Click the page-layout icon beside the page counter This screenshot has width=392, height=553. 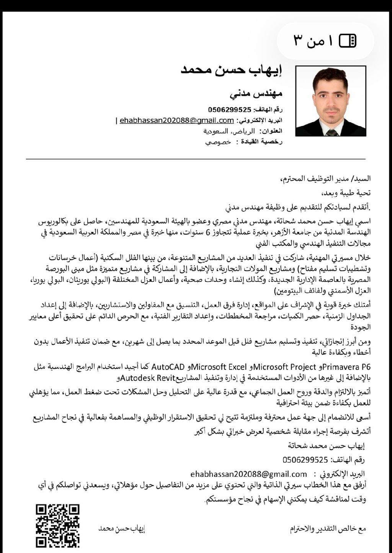click(348, 40)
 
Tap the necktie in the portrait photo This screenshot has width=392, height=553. click(332, 132)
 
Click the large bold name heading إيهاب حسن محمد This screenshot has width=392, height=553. click(231, 70)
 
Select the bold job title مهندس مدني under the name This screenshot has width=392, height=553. click(256, 93)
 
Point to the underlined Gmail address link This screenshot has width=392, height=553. click(176, 120)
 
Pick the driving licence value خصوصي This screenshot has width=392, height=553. click(218, 142)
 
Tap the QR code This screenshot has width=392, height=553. click(58, 525)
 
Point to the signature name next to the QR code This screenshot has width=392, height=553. click(122, 528)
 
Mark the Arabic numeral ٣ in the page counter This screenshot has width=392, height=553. click(298, 40)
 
